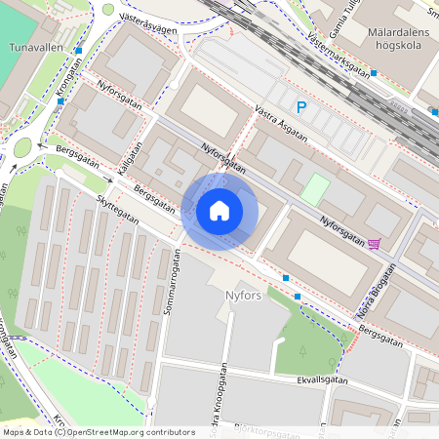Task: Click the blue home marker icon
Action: click(x=219, y=211)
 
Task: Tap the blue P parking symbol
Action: click(x=301, y=107)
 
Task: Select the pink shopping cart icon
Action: click(x=375, y=244)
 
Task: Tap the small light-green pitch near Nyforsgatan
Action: click(x=315, y=188)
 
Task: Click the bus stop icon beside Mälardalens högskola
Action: click(x=373, y=72)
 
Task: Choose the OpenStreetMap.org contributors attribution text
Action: click(x=127, y=431)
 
